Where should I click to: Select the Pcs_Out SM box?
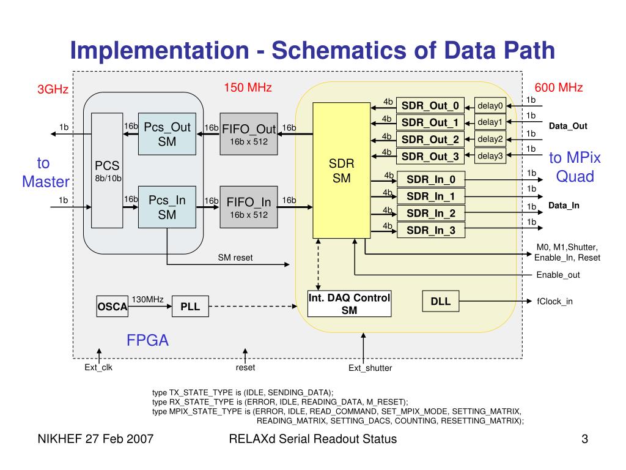[167, 134]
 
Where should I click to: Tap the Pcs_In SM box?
[167, 207]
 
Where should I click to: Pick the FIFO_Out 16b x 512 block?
[249, 134]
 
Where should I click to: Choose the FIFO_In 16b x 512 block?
[249, 207]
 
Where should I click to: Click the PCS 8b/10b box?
[107, 171]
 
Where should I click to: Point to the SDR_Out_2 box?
[430, 139]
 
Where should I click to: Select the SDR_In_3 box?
[431, 230]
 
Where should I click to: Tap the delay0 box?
[490, 105]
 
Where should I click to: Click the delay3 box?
[490, 156]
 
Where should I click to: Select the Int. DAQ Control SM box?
[349, 304]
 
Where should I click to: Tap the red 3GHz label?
[53, 90]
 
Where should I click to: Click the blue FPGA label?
[147, 341]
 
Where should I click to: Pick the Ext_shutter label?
[370, 368]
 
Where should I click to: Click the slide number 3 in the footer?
[584, 439]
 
